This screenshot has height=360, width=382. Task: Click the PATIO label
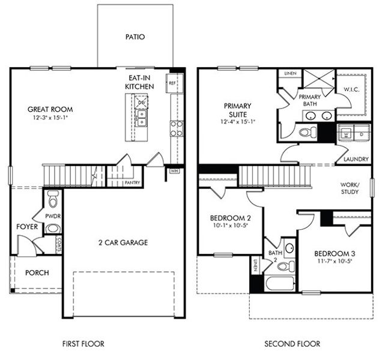tap(135, 37)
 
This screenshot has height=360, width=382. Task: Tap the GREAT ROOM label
tap(50, 109)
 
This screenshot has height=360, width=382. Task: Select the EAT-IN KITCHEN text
tap(139, 82)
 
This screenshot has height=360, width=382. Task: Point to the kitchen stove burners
tap(177, 127)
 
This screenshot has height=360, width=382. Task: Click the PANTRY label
tap(132, 182)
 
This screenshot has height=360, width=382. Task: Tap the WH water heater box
tap(175, 171)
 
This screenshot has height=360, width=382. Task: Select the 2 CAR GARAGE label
tap(123, 242)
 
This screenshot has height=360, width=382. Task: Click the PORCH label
tap(37, 272)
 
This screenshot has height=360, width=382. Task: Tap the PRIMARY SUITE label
tap(238, 110)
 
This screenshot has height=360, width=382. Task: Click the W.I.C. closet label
tap(351, 90)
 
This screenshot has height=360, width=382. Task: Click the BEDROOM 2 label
tap(230, 217)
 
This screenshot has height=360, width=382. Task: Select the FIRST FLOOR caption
tap(83, 344)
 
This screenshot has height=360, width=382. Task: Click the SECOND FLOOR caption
tap(292, 344)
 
